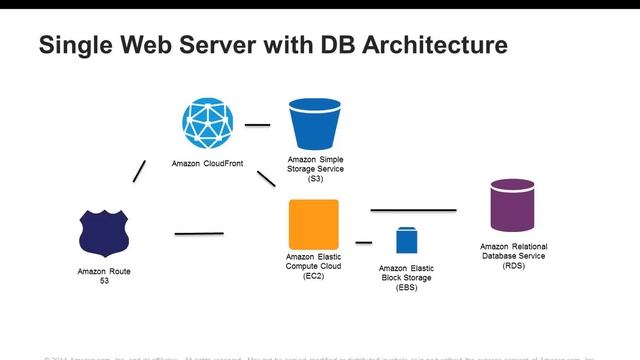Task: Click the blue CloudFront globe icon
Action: (x=208, y=120)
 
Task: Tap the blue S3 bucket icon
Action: (x=313, y=123)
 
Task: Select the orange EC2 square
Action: (x=313, y=224)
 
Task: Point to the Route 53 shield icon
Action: (x=105, y=232)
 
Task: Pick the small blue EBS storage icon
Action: (x=406, y=241)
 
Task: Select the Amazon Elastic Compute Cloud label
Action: (x=313, y=265)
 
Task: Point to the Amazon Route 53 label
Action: (x=104, y=276)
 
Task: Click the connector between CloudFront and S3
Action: (x=258, y=125)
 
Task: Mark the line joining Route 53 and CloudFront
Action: (x=139, y=171)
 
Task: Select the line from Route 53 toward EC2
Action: (x=199, y=234)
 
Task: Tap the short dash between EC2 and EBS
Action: (x=363, y=242)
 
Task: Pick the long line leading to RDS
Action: (x=413, y=210)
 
